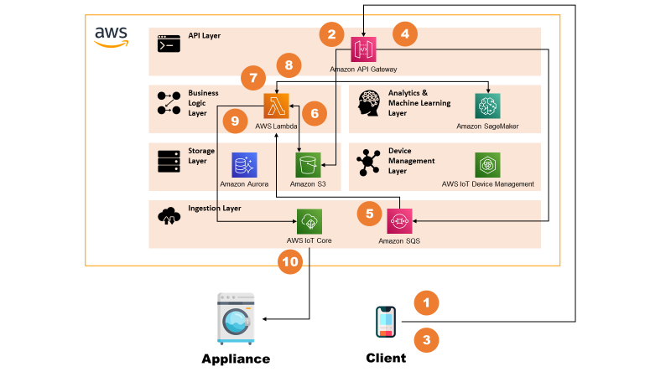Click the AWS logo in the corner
click(111, 36)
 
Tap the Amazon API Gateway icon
click(364, 49)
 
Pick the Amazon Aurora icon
click(245, 164)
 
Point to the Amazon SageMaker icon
click(487, 106)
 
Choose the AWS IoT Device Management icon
click(487, 164)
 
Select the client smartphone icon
click(386, 322)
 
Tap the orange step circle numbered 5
click(368, 214)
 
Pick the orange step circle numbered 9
click(236, 121)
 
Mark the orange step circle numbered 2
click(331, 34)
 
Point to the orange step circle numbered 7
click(252, 79)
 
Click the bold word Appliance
click(236, 359)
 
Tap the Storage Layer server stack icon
click(169, 159)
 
